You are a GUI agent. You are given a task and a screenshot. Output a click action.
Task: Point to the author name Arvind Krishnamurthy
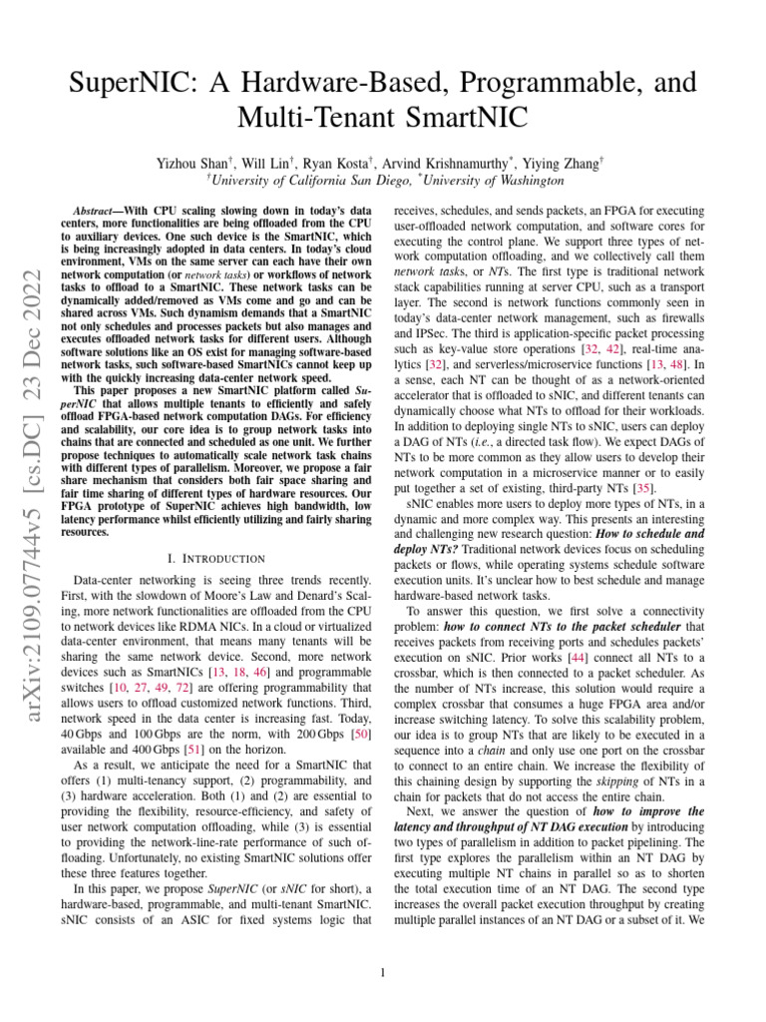pos(448,162)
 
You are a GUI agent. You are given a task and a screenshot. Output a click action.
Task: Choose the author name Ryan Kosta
pos(337,162)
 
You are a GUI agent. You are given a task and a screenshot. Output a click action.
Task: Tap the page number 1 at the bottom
pos(383,971)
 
